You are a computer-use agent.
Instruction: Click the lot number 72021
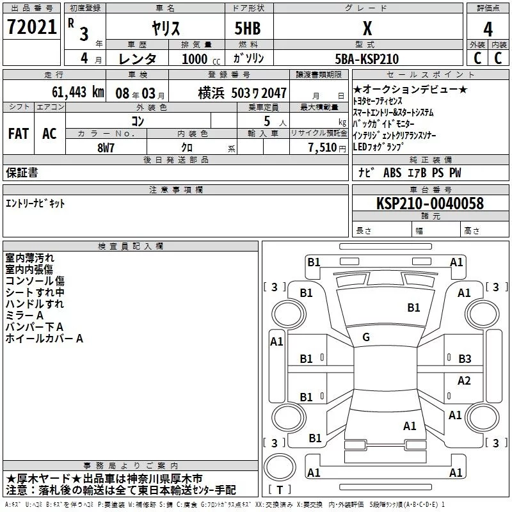31,28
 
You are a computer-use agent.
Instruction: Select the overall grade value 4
488,29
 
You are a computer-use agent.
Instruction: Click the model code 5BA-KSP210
367,59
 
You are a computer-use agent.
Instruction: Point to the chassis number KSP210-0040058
430,204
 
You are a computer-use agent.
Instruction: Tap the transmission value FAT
19,134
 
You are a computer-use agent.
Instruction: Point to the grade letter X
367,29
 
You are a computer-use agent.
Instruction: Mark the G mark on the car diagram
365,337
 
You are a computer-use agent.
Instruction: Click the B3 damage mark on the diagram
465,358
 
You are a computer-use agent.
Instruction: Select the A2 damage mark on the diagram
465,381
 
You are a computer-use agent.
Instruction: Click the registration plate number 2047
273,93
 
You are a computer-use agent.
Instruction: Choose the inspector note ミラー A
24,316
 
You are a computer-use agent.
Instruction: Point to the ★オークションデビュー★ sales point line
410,90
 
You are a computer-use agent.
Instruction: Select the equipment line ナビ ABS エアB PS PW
410,173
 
